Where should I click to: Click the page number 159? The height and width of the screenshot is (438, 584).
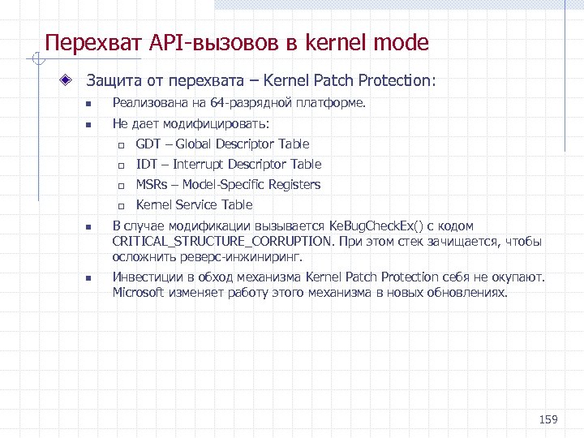549,419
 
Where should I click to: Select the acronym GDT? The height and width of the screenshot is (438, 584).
148,144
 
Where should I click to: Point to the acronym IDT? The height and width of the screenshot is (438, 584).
146,165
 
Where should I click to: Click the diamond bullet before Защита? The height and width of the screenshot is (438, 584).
72,81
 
